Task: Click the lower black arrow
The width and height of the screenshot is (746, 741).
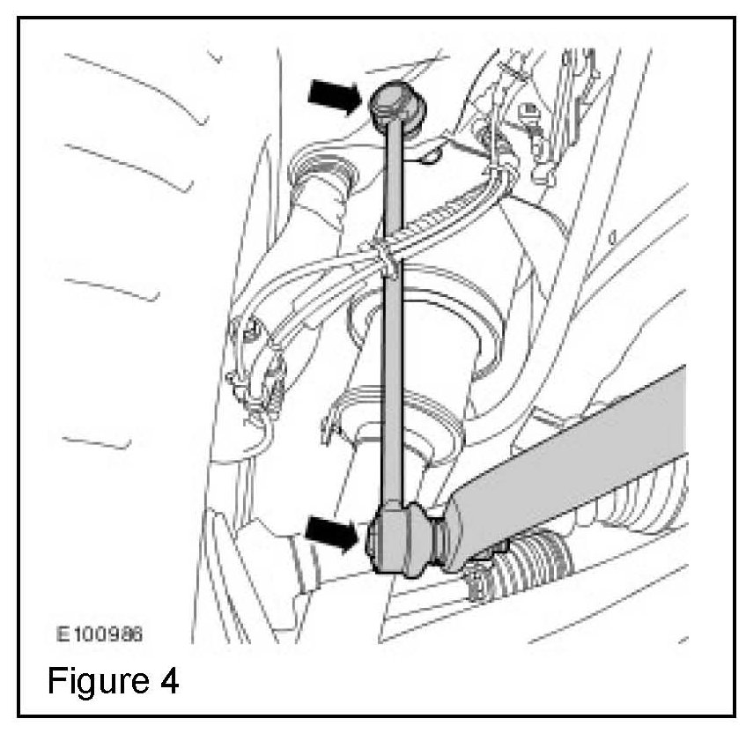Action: click(333, 530)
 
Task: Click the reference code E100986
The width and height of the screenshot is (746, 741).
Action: click(100, 633)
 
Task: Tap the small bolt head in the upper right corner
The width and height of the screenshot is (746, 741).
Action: click(531, 113)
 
